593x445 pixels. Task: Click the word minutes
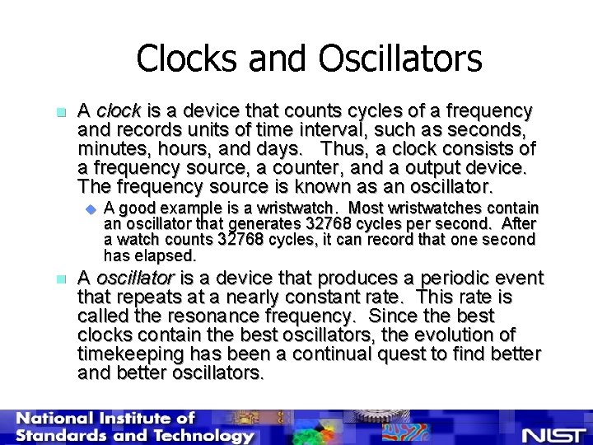[110, 149]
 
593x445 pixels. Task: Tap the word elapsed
[168, 255]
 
